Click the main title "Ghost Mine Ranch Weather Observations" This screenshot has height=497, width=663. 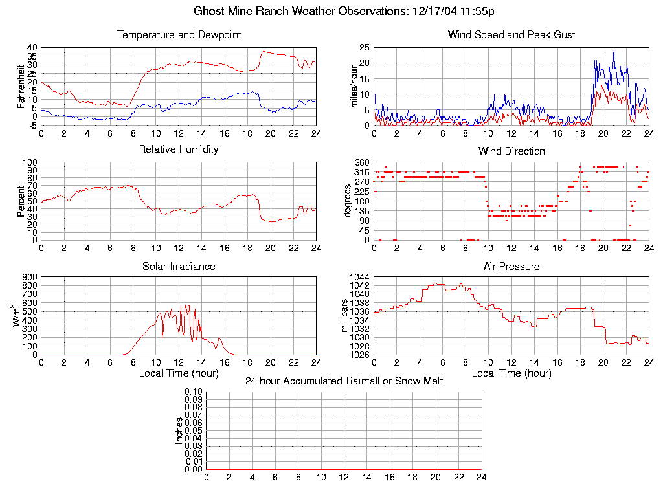pyautogui.click(x=300, y=11)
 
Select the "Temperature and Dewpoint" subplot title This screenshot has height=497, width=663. pyautogui.click(x=179, y=34)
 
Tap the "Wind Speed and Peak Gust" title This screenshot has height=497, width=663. pyautogui.click(x=511, y=34)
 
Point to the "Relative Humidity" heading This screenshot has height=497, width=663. pyautogui.click(x=179, y=149)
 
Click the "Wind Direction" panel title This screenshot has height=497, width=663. pyautogui.click(x=511, y=151)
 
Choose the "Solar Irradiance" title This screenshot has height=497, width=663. pyautogui.click(x=179, y=266)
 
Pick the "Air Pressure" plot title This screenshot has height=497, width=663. pyautogui.click(x=511, y=266)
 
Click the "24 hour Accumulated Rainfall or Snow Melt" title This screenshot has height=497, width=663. pyautogui.click(x=344, y=381)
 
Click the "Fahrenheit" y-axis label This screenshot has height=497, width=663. pyautogui.click(x=21, y=86)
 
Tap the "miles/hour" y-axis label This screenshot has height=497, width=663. pyautogui.click(x=354, y=86)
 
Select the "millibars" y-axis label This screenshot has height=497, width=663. pyautogui.click(x=345, y=315)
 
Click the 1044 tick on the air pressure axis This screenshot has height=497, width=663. pyautogui.click(x=359, y=277)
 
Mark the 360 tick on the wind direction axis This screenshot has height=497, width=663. pyautogui.click(x=361, y=162)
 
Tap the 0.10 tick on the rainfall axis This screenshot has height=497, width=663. pyautogui.click(x=194, y=392)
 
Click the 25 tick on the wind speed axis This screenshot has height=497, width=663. pyautogui.click(x=364, y=47)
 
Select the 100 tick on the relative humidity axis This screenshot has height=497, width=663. pyautogui.click(x=28, y=162)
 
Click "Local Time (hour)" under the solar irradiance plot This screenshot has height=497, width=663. pyautogui.click(x=179, y=373)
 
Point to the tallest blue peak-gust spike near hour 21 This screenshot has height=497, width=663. pyautogui.click(x=614, y=51)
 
